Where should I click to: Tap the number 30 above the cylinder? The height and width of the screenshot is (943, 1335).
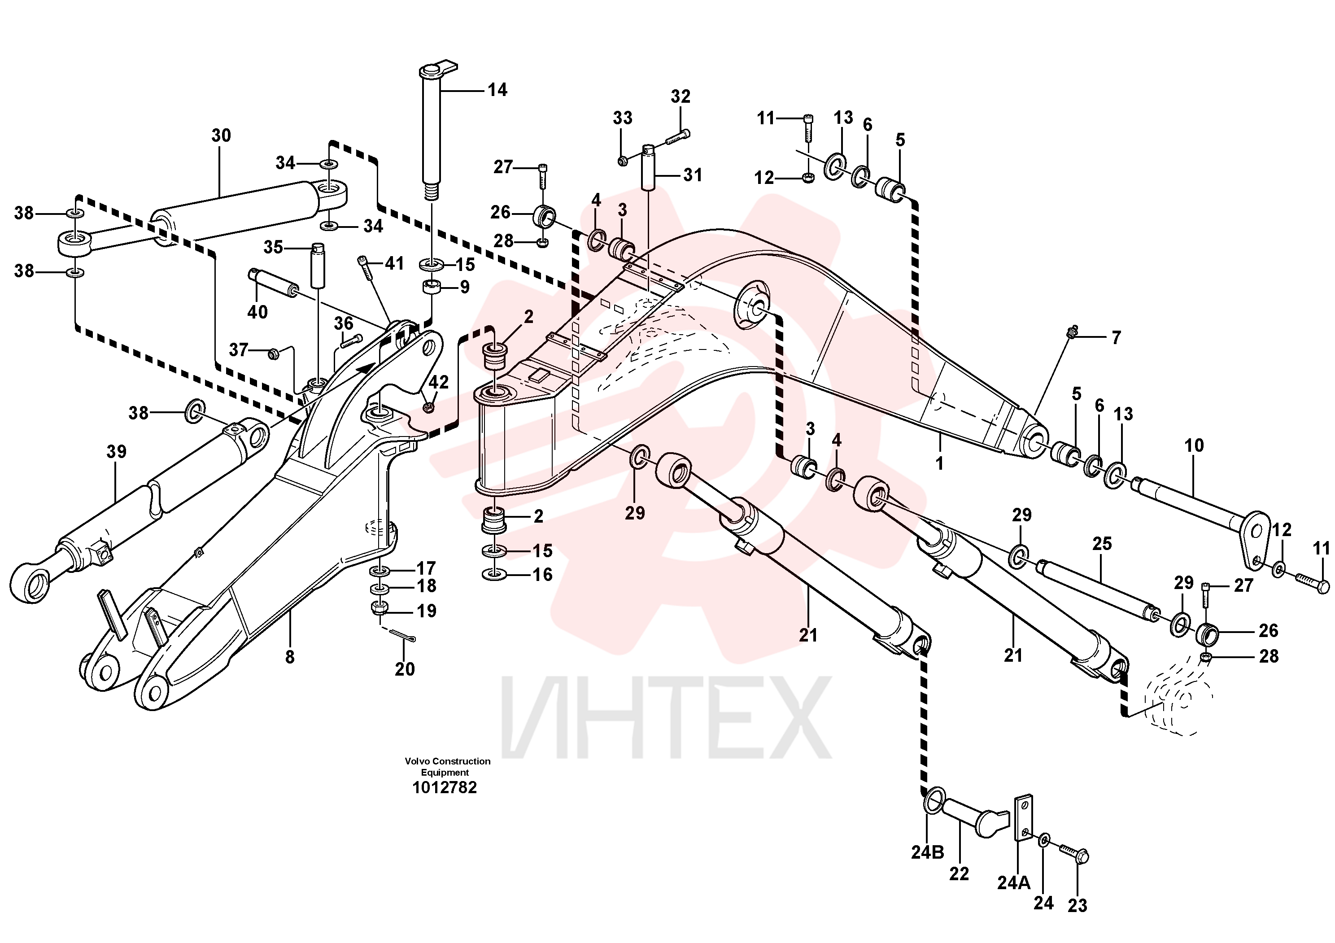tap(221, 135)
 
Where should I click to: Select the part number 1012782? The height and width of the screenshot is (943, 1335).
tap(445, 787)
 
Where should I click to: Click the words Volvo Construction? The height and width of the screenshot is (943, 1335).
tap(448, 761)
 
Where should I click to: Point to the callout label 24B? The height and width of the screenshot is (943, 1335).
tap(927, 852)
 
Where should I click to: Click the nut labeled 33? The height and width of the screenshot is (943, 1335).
tap(622, 159)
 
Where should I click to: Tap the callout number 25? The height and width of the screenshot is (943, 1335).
tap(1102, 544)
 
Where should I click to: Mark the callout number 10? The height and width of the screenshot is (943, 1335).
tap(1194, 446)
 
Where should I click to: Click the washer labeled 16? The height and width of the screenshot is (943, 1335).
tap(494, 575)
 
